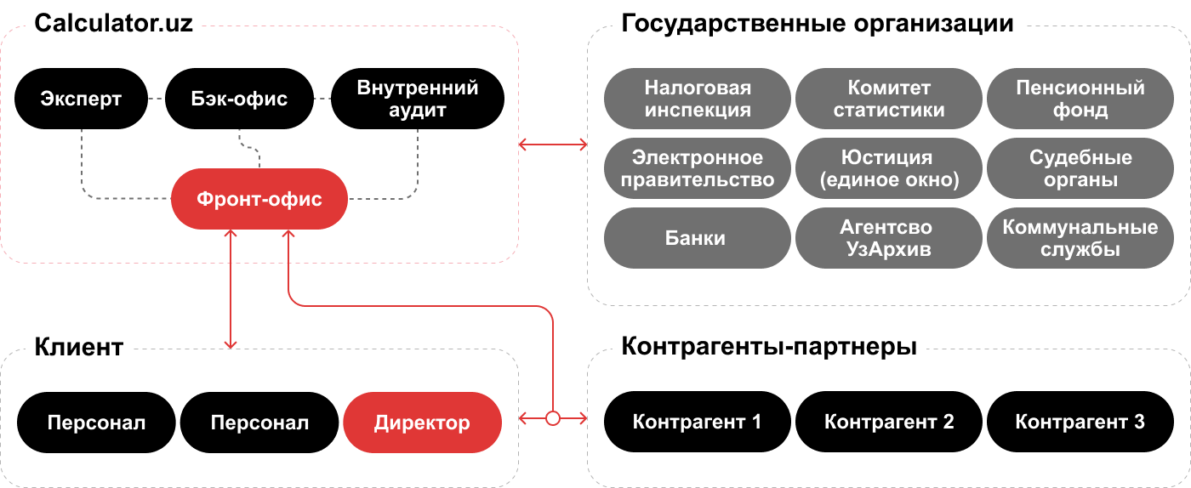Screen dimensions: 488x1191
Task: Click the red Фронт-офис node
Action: [259, 200]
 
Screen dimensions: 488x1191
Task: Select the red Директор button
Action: [422, 423]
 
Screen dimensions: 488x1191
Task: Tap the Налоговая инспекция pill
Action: [698, 99]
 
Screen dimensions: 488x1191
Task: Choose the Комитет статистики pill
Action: [889, 99]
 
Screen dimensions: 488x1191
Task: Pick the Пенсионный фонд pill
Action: [1080, 99]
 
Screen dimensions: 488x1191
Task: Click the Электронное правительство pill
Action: [698, 168]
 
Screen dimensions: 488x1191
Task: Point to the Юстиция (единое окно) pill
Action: [889, 168]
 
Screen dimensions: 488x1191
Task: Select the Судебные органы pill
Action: [1080, 168]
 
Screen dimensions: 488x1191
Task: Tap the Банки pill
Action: [698, 238]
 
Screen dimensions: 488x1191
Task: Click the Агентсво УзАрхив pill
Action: [889, 238]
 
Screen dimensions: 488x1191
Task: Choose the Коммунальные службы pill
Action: [1080, 238]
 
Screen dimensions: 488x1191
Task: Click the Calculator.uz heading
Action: [114, 23]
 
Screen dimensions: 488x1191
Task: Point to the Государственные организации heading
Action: [818, 23]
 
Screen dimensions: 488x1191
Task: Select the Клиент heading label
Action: [79, 347]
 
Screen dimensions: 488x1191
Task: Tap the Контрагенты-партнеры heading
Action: [769, 347]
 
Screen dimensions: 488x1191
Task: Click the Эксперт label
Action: [81, 99]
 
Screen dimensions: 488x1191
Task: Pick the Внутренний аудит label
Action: [418, 99]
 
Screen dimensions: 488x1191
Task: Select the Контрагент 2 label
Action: [889, 422]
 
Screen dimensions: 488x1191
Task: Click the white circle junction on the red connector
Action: [553, 418]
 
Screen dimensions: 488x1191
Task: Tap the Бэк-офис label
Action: [239, 99]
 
